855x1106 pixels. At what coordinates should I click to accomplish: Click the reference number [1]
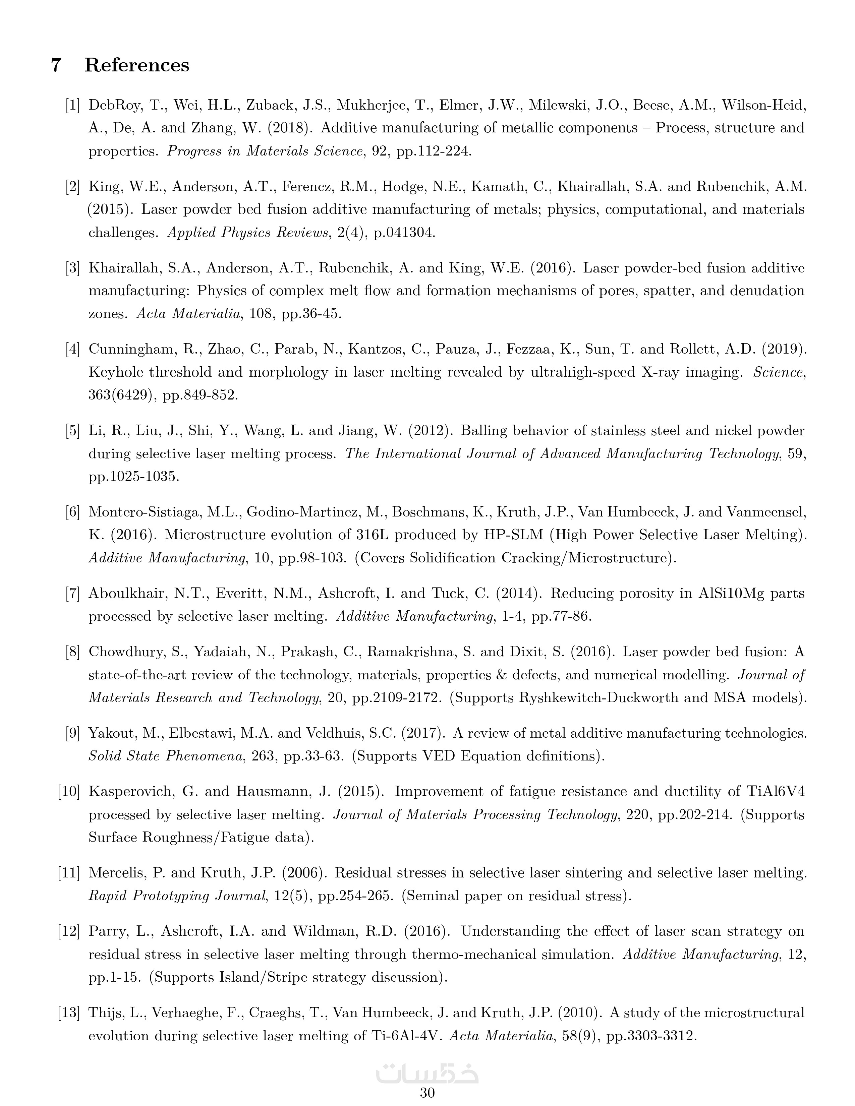pos(72,105)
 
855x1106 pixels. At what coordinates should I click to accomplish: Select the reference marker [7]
pos(72,594)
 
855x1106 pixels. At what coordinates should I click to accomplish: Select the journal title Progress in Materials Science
pos(265,151)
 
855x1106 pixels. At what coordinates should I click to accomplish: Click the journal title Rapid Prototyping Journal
pos(177,896)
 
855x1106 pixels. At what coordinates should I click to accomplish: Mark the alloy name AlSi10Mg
pos(730,594)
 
